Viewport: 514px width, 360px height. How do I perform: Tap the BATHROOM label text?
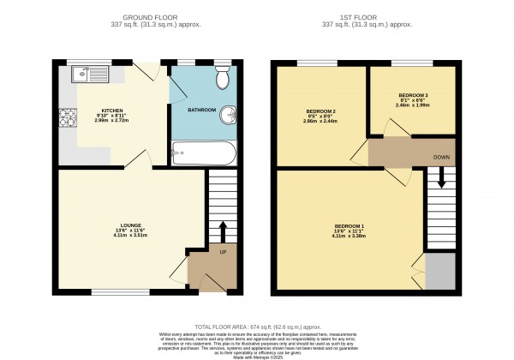[201, 110]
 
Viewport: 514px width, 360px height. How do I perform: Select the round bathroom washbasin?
[230, 115]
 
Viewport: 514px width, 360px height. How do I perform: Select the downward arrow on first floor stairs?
[441, 178]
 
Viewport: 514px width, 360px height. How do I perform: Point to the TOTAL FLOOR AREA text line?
[256, 326]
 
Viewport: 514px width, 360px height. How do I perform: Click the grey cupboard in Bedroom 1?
[440, 272]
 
